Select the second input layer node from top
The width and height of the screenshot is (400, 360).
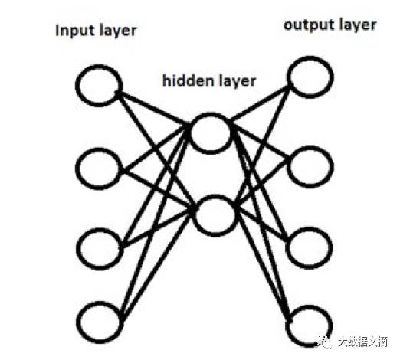[100, 167]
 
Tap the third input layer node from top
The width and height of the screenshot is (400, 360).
[100, 244]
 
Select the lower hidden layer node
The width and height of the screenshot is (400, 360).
[213, 215]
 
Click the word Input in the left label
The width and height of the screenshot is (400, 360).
[73, 31]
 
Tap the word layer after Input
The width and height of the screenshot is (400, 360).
[116, 32]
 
